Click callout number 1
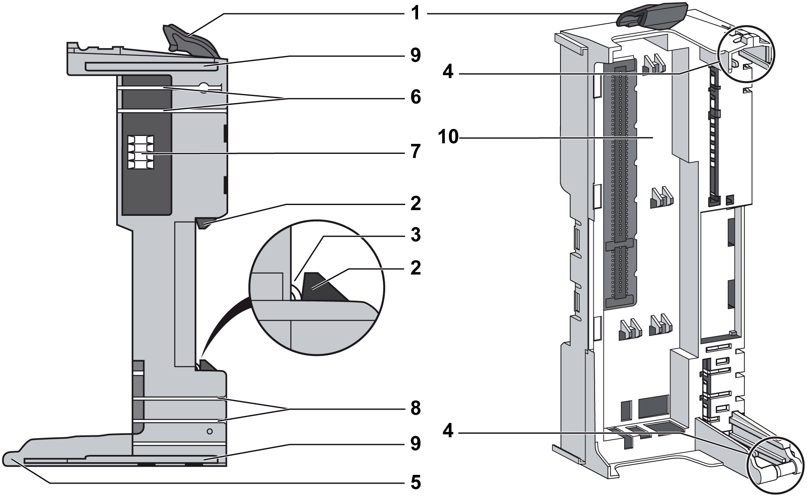(x=416, y=13)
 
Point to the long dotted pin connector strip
(x=620, y=183)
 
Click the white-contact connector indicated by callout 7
(x=141, y=152)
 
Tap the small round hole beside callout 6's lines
(x=204, y=88)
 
